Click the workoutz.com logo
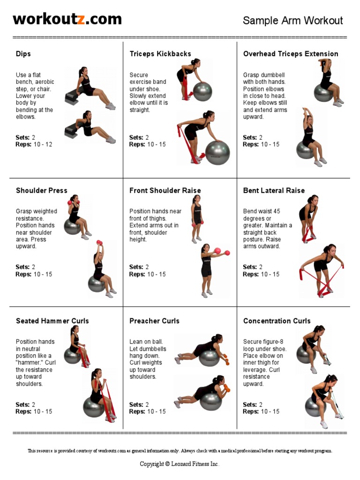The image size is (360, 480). pyautogui.click(x=67, y=19)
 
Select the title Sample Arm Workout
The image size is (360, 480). pyautogui.click(x=292, y=21)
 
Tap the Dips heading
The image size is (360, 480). pyautogui.click(x=23, y=54)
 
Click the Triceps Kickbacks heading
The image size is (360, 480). pyautogui.click(x=160, y=54)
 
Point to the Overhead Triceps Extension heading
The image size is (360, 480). pyautogui.click(x=291, y=54)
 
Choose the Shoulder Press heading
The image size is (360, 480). pyautogui.click(x=41, y=190)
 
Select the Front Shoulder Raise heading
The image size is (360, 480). pyautogui.click(x=165, y=190)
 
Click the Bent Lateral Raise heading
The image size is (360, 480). pyautogui.click(x=274, y=190)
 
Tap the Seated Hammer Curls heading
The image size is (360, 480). pyautogui.click(x=52, y=321)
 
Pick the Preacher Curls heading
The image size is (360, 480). pyautogui.click(x=154, y=321)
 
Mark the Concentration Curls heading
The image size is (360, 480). pyautogui.click(x=277, y=321)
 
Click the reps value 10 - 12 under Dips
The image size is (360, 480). pyautogui.click(x=43, y=144)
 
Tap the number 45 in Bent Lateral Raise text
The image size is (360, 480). pyautogui.click(x=277, y=211)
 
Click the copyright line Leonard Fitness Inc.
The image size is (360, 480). pyautogui.click(x=180, y=464)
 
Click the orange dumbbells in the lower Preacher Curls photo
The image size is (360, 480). pyautogui.click(x=227, y=387)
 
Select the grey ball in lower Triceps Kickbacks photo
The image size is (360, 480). pyautogui.click(x=217, y=153)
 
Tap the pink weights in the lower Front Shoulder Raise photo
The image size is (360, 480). pyautogui.click(x=223, y=252)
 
